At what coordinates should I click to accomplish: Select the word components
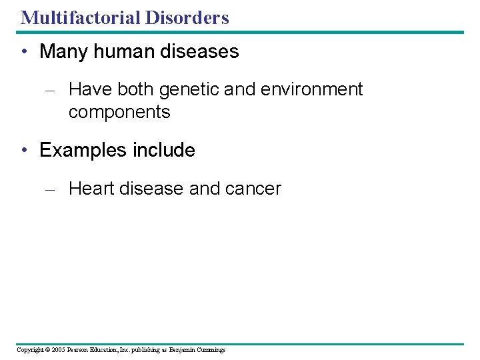pos(119,112)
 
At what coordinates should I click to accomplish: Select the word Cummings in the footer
pos(211,350)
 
